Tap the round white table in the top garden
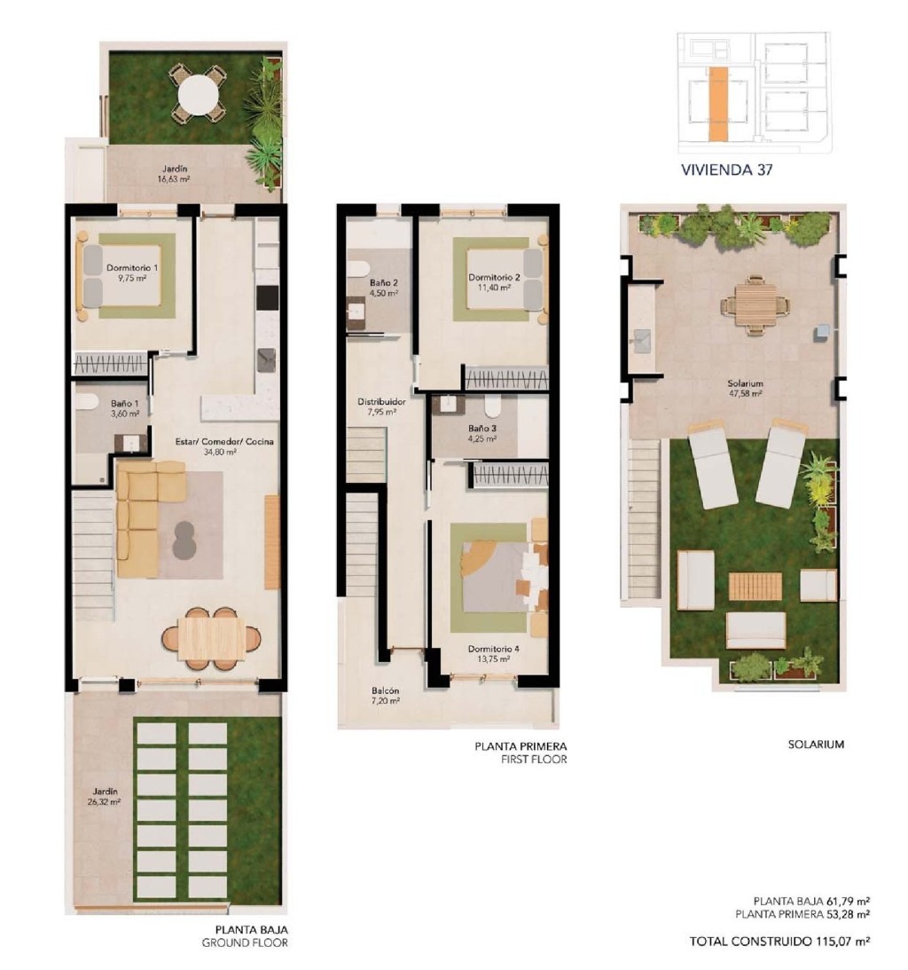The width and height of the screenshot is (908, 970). [198, 96]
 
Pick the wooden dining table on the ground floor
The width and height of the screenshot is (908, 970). [211, 639]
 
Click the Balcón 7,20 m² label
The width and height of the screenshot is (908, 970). [385, 696]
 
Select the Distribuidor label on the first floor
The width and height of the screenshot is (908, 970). [381, 401]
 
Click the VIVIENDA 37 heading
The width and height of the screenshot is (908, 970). [726, 170]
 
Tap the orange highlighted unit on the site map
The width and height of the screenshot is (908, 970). [718, 103]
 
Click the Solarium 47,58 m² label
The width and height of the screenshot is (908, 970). [745, 388]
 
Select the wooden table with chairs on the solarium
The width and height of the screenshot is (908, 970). [755, 306]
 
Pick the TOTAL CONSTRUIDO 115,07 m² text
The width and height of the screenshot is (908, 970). [780, 941]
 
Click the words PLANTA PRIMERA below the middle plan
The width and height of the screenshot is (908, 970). [521, 746]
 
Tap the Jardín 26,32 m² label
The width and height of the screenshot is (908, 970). [105, 796]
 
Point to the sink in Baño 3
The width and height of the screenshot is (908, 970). [448, 405]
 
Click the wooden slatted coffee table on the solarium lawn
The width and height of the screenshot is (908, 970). [755, 587]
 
